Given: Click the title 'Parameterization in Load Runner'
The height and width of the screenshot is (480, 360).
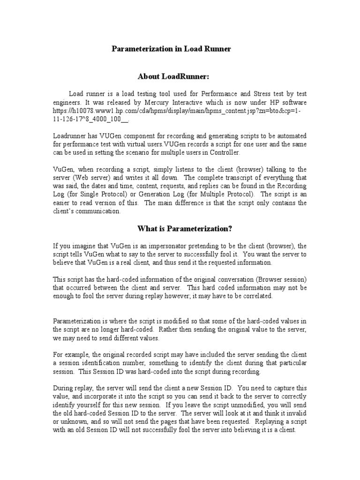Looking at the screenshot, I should [x=171, y=49].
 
